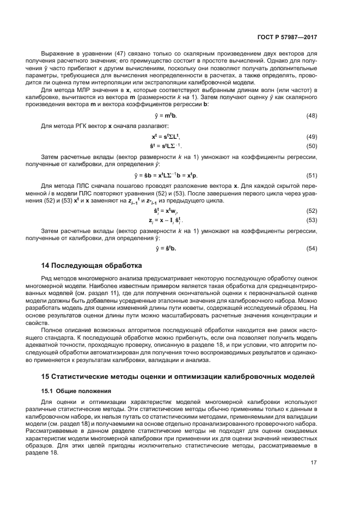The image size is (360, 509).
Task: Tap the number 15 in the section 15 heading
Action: click(x=46, y=377)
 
